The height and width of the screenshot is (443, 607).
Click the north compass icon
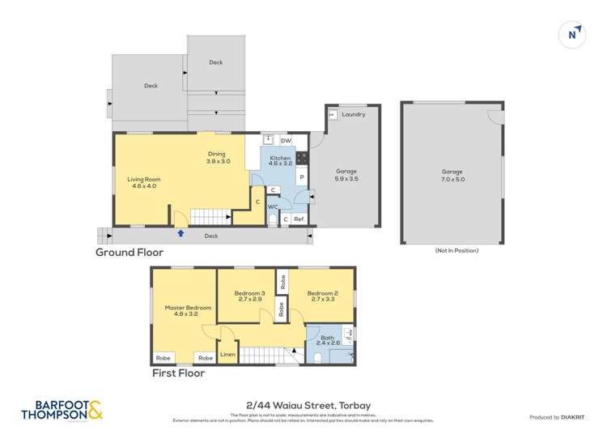point(573,34)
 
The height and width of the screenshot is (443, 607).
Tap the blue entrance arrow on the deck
point(180,233)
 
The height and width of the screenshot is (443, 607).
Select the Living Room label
point(144,183)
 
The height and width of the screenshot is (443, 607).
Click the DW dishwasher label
point(286,141)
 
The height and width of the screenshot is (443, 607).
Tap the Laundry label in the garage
point(353,114)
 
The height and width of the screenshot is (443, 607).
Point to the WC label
point(274,207)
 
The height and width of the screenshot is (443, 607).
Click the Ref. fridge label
point(299,219)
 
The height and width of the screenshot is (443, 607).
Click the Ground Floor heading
point(129,253)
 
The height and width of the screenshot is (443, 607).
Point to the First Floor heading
point(179,373)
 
